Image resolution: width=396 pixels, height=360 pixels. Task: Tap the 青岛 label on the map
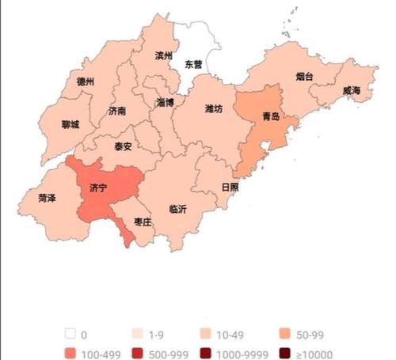(271, 116)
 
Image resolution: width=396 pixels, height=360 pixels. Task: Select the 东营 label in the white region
(193, 63)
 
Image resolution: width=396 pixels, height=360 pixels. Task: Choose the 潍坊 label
(214, 108)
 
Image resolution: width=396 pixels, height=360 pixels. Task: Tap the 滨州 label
(164, 56)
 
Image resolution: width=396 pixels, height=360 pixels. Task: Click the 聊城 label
(70, 124)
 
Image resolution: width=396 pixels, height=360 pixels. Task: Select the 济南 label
(117, 112)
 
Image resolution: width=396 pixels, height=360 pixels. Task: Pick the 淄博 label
(165, 103)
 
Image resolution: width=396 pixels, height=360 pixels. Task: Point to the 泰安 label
(123, 146)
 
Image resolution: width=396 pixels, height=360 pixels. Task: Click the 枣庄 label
(143, 224)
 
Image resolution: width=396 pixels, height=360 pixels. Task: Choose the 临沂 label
(178, 210)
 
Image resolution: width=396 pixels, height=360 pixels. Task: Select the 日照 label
(230, 188)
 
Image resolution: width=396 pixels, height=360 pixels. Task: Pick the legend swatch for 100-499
(72, 354)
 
